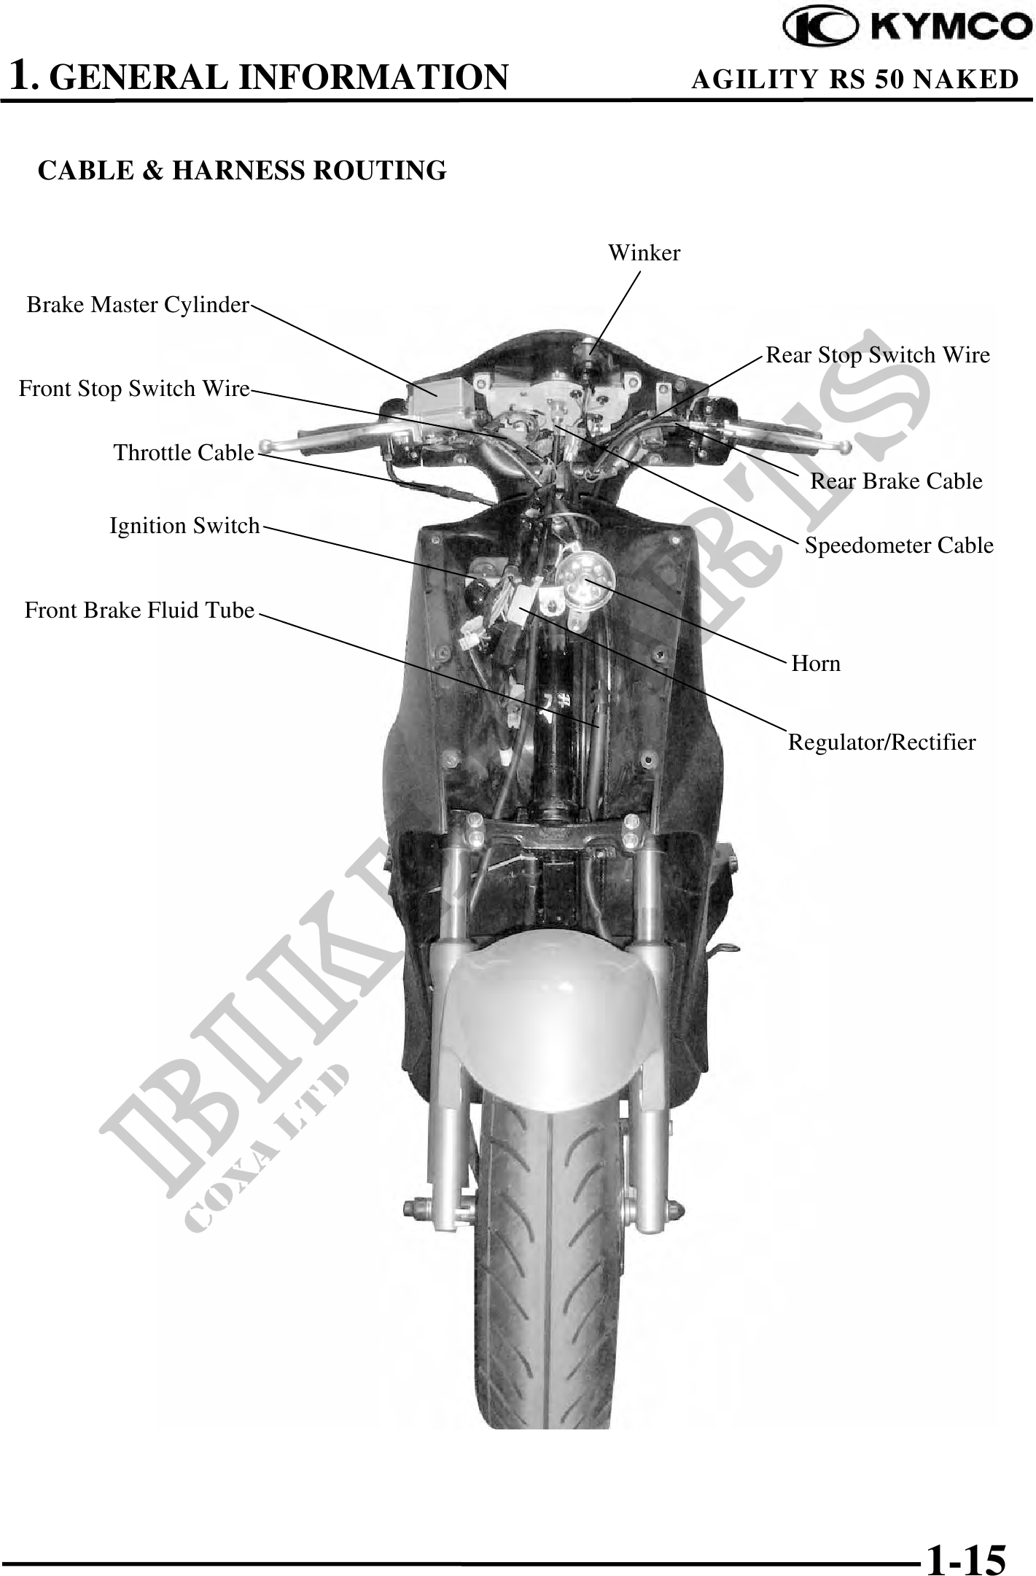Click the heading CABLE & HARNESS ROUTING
(x=242, y=171)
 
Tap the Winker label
(x=644, y=253)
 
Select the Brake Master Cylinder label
(x=138, y=305)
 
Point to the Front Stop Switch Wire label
(x=134, y=389)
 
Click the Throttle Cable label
(x=184, y=453)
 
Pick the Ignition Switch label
(x=184, y=526)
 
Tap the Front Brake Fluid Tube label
(x=139, y=610)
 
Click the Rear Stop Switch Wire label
(x=878, y=355)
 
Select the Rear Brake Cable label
(x=896, y=481)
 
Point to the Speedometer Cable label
(x=899, y=546)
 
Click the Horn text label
(x=816, y=664)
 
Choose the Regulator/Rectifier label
(x=881, y=742)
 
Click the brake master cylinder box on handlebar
(x=431, y=397)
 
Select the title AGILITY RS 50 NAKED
(x=854, y=79)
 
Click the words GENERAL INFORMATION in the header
(x=281, y=77)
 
